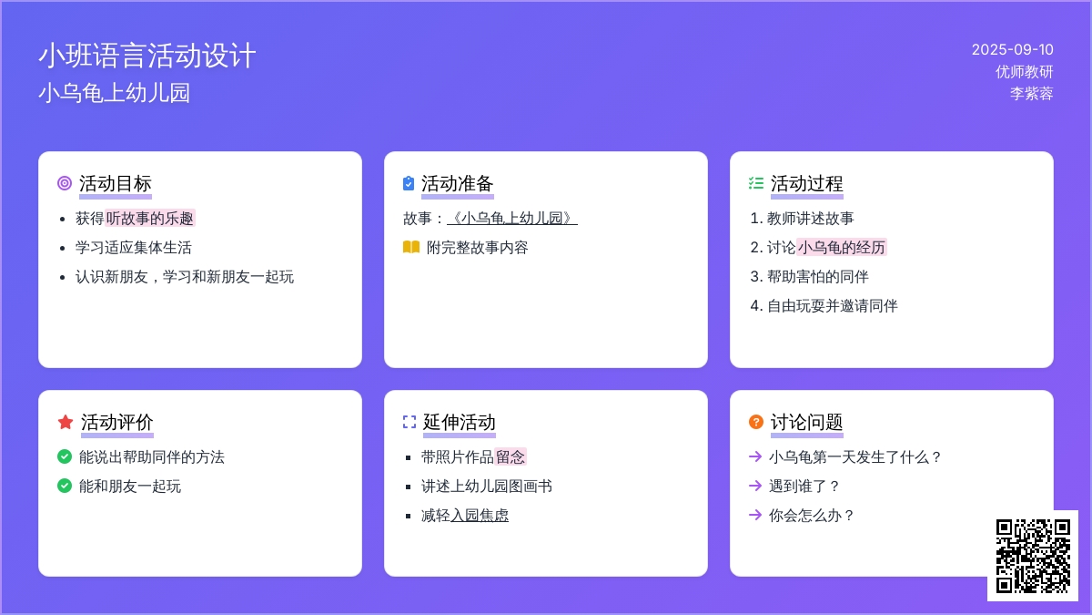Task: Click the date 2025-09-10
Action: [x=1012, y=50]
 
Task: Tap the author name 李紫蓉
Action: [x=1031, y=93]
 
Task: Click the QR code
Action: [x=1033, y=556]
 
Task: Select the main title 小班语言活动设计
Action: [x=147, y=56]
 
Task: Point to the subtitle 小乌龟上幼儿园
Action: [x=114, y=93]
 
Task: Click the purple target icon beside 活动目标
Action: [x=65, y=183]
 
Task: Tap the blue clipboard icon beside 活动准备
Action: [x=409, y=183]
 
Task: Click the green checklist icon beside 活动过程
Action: [x=755, y=183]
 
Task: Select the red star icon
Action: [x=66, y=422]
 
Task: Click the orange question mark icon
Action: [x=755, y=422]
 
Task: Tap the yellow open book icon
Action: [x=411, y=247]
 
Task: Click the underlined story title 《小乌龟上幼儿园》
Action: [x=511, y=218]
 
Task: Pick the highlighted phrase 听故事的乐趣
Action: [x=150, y=218]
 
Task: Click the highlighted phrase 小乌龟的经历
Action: [x=842, y=248]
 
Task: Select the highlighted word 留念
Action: [x=510, y=456]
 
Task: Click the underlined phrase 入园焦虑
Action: [x=480, y=516]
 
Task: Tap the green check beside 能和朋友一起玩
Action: [x=65, y=486]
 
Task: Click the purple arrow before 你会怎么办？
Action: [x=755, y=515]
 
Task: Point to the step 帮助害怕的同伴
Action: [x=817, y=277]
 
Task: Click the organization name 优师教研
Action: [x=1025, y=72]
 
